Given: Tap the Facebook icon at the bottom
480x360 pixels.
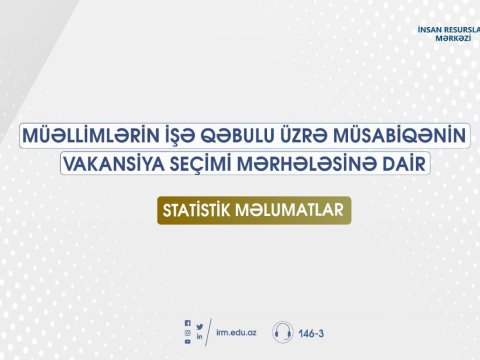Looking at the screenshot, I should [x=187, y=323].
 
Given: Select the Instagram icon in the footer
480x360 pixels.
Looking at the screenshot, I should [x=187, y=332].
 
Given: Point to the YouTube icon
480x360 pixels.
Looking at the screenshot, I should [x=187, y=342].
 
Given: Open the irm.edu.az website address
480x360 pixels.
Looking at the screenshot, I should [x=236, y=332].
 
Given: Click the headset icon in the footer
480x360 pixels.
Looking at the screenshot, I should [x=283, y=332].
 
